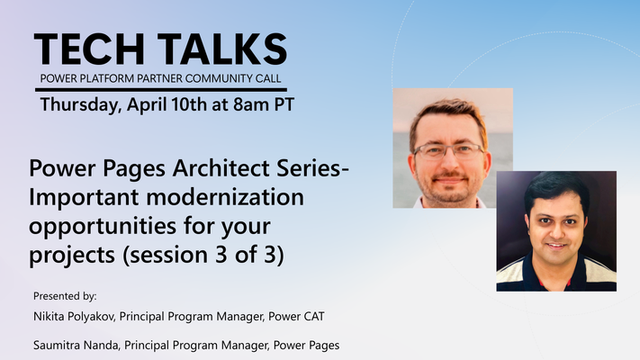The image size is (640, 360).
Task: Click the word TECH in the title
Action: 89,49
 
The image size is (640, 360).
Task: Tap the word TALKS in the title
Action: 222,49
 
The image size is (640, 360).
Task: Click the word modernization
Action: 225,197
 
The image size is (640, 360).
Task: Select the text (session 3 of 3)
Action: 203,255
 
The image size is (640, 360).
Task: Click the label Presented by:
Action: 65,296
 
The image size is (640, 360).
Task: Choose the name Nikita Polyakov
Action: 74,317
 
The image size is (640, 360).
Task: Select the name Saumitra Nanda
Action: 77,346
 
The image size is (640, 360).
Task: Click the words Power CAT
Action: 296,316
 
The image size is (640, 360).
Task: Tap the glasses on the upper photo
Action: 448,151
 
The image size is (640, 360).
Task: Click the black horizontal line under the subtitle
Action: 161,89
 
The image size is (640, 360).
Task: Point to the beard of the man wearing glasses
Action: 449,188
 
